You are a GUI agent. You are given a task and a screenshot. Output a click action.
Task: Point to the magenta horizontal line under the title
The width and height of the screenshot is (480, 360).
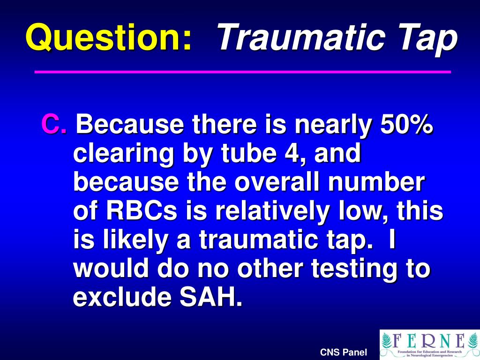pos(243,72)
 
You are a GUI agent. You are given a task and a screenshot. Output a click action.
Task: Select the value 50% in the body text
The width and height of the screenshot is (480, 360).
pos(406,125)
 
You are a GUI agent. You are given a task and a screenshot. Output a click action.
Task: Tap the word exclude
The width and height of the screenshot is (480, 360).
pos(120,298)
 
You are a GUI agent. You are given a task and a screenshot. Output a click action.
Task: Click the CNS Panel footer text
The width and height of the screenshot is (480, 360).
pos(343,352)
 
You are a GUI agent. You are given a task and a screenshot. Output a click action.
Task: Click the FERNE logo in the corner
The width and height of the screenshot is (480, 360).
pos(429,345)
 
